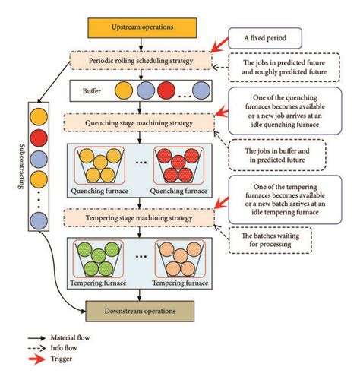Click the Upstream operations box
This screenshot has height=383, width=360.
point(142,27)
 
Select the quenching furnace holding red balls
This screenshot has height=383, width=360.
point(182,166)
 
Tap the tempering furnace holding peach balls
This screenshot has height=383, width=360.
point(182,260)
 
